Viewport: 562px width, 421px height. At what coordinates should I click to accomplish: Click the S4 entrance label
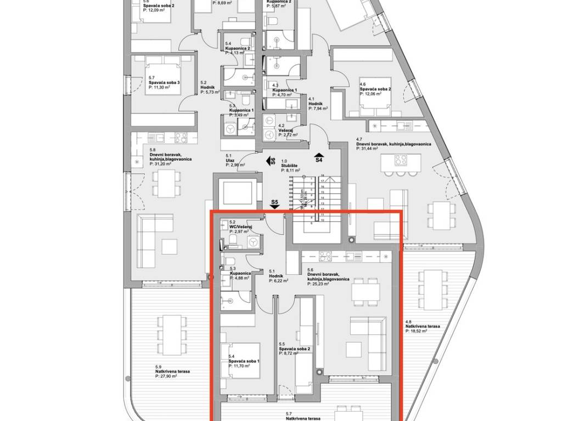click(318, 160)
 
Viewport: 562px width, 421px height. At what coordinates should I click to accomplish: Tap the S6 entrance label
click(271, 161)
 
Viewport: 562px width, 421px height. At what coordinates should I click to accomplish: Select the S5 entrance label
click(275, 203)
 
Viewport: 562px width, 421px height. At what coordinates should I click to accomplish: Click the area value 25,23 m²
click(318, 284)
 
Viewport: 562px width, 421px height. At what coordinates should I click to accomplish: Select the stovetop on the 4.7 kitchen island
click(401, 161)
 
